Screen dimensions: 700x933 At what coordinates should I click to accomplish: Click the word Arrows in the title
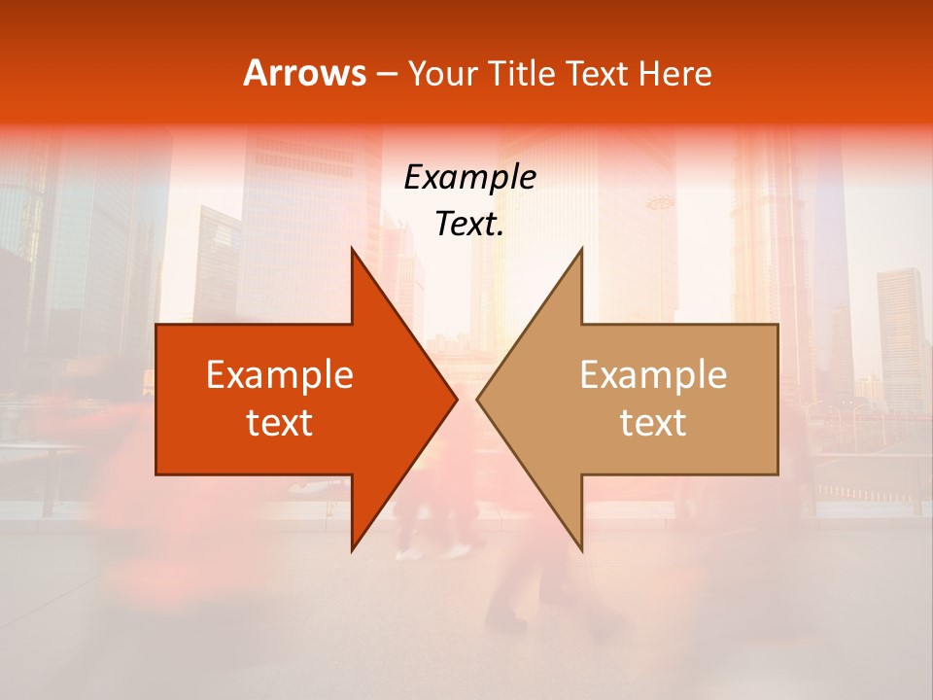pyautogui.click(x=304, y=73)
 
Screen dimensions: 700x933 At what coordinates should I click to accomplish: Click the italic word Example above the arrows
pyautogui.click(x=470, y=177)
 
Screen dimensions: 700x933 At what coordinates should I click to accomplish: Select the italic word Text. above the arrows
pyautogui.click(x=470, y=224)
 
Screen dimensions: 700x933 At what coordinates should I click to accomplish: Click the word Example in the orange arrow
pyautogui.click(x=280, y=374)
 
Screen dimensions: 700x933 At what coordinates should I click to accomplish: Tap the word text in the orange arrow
pyautogui.click(x=280, y=422)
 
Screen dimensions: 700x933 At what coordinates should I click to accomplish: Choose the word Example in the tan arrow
pyautogui.click(x=653, y=374)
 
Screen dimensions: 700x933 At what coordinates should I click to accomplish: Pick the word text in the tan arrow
pyautogui.click(x=653, y=422)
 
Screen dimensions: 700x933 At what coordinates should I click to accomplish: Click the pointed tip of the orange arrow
pyautogui.click(x=457, y=399)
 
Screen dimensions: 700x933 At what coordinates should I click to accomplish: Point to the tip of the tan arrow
pyautogui.click(x=477, y=399)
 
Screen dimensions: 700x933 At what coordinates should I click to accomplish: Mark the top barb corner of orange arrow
pyautogui.click(x=352, y=248)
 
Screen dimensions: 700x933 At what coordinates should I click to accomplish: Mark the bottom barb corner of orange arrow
pyautogui.click(x=352, y=550)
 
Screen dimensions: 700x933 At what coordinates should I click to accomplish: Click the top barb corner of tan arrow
pyautogui.click(x=581, y=248)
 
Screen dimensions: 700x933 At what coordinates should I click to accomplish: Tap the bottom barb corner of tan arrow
pyautogui.click(x=581, y=550)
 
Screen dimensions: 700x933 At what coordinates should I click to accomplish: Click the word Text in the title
pyautogui.click(x=597, y=74)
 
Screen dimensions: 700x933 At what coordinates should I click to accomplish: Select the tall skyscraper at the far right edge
pyautogui.click(x=900, y=331)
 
